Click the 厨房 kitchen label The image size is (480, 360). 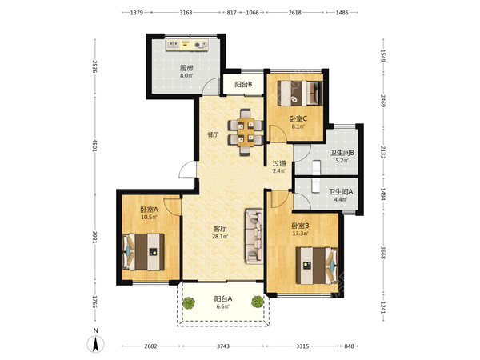pos(186,68)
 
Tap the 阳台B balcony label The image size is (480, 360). pos(243,85)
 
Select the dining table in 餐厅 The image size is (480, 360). pos(246,132)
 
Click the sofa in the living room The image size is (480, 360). pos(254,236)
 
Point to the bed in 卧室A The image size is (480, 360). pos(143,252)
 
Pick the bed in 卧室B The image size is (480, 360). pos(317,266)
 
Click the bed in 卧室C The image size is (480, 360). pos(300,93)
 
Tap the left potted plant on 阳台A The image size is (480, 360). pos(189,302)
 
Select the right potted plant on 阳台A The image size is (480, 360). pos(258,302)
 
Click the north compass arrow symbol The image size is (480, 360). pos(96,344)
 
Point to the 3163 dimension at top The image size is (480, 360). pos(186,13)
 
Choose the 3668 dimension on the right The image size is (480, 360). pos(382,252)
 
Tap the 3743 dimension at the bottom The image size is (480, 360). pos(223,346)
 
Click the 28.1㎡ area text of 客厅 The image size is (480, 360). pos(220,236)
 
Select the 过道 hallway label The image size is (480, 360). pos(279,163)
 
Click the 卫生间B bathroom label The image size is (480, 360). pos(342,153)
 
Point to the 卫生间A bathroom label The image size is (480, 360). pos(341,192)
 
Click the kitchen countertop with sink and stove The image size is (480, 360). pos(187,45)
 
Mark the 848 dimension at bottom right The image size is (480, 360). pos(349,346)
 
